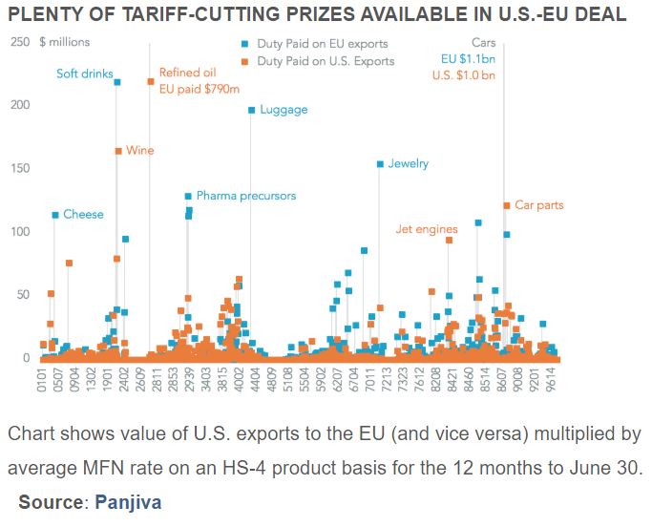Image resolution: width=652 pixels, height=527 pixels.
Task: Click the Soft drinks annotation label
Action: (85, 74)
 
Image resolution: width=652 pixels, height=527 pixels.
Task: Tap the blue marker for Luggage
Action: (251, 110)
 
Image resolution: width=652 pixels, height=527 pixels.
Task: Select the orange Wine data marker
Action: (118, 151)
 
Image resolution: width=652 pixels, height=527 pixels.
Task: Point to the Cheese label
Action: (83, 215)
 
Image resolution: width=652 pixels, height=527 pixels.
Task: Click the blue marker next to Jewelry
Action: (379, 164)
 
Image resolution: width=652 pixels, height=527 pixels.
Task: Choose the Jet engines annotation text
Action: (427, 229)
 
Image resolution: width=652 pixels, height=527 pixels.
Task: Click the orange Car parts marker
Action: (506, 205)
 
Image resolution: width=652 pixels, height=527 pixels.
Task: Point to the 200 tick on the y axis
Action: (20, 105)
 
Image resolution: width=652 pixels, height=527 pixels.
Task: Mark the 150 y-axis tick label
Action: (20, 168)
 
